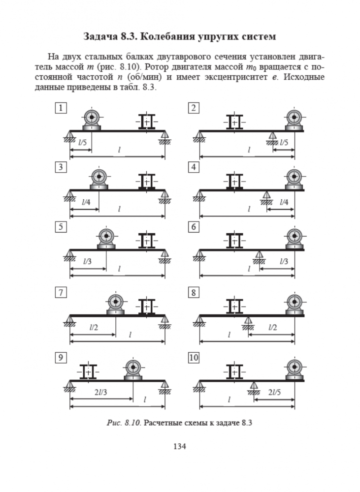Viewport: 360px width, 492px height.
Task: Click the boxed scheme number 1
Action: (x=61, y=108)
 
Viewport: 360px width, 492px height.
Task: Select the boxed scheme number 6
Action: (x=194, y=227)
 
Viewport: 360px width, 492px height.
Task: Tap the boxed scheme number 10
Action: (x=194, y=358)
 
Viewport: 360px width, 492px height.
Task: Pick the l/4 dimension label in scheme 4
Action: (x=283, y=202)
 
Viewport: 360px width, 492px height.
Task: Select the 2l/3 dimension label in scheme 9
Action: (x=99, y=393)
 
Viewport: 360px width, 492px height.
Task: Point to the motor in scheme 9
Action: (x=132, y=369)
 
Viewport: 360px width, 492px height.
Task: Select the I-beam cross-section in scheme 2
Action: (x=234, y=122)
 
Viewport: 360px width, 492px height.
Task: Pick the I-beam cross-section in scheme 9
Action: (x=89, y=372)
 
